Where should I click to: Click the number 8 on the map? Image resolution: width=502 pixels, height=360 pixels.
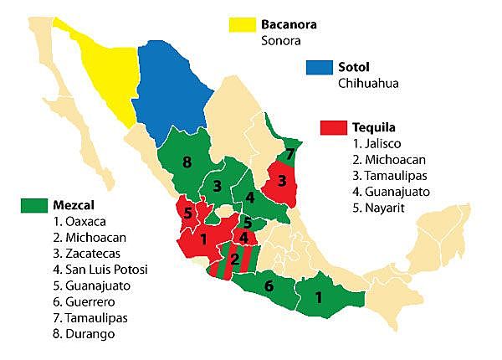click(188, 162)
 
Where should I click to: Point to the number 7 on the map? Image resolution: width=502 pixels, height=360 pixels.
click(289, 154)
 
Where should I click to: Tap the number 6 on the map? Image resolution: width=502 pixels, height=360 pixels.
click(268, 285)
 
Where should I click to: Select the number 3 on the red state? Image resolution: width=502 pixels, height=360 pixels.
click(282, 181)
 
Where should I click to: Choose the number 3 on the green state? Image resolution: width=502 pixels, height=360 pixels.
click(217, 185)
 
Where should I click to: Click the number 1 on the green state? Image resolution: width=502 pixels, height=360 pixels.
click(319, 296)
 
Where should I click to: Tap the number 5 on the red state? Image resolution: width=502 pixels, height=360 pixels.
click(188, 212)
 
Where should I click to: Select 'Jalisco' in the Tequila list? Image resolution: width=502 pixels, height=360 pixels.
click(378, 144)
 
